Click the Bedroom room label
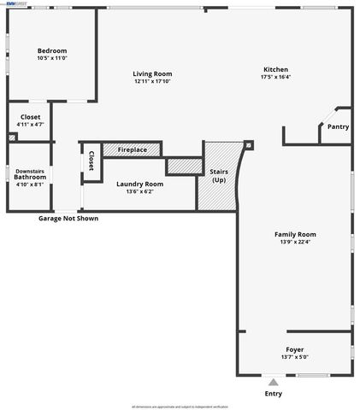pyautogui.click(x=52, y=50)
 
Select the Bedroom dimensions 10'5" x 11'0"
pyautogui.click(x=52, y=58)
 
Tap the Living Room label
pyautogui.click(x=152, y=73)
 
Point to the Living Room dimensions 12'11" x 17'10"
pyautogui.click(x=152, y=81)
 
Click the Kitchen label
pyautogui.click(x=275, y=69)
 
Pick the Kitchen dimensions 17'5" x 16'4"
pyautogui.click(x=275, y=77)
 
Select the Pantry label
pyautogui.click(x=338, y=126)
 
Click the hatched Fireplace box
pyautogui.click(x=132, y=150)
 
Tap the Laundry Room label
pyautogui.click(x=139, y=183)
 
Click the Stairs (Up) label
pyautogui.click(x=219, y=176)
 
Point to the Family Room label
pyautogui.click(x=295, y=234)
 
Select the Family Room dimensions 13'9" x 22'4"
pyautogui.click(x=295, y=242)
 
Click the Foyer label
pyautogui.click(x=294, y=349)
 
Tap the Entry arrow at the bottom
pyautogui.click(x=273, y=382)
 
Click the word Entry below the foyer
pyautogui.click(x=273, y=394)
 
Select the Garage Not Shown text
pyautogui.click(x=68, y=219)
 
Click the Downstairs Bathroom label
pyautogui.click(x=30, y=176)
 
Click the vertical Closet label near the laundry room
pyautogui.click(x=91, y=161)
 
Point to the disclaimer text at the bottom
pyautogui.click(x=180, y=407)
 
